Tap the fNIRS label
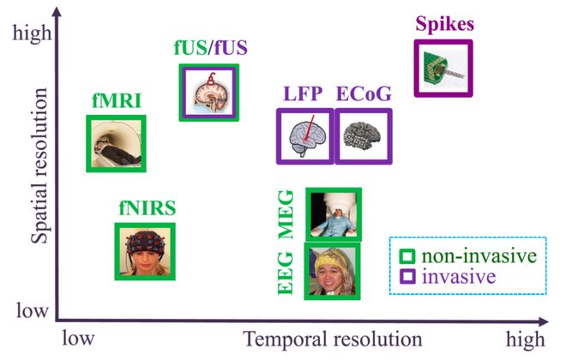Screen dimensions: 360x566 (x=147, y=207)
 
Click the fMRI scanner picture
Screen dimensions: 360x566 (x=116, y=142)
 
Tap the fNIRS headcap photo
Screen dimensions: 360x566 (x=145, y=250)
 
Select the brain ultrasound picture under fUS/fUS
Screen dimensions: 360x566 (x=208, y=93)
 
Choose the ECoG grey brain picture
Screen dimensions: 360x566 (x=361, y=136)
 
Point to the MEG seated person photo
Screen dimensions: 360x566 (x=333, y=214)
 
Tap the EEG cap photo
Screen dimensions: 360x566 (x=332, y=271)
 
